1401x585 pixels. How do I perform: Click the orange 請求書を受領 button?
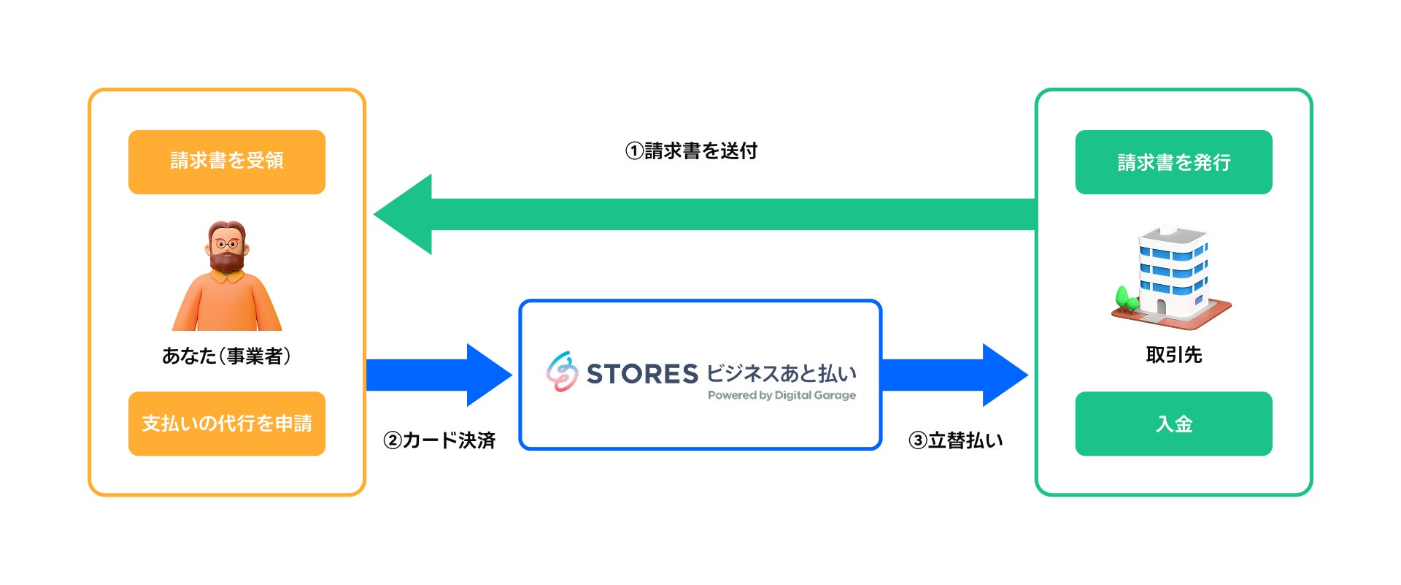pyautogui.click(x=227, y=161)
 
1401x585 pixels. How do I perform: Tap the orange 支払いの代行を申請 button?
pyautogui.click(x=227, y=424)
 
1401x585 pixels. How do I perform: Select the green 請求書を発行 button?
pyautogui.click(x=1173, y=161)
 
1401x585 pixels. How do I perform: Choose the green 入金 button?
pyautogui.click(x=1173, y=424)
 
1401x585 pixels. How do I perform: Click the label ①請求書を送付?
pyautogui.click(x=691, y=151)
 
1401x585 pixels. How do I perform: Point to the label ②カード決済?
pyautogui.click(x=439, y=440)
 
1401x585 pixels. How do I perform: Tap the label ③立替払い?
pyautogui.click(x=955, y=440)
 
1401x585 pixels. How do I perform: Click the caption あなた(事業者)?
pyautogui.click(x=227, y=356)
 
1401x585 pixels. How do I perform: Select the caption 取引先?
pyautogui.click(x=1173, y=355)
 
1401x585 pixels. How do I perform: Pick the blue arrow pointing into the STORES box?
pyautogui.click(x=438, y=375)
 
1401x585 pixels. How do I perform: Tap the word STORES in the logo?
pyautogui.click(x=642, y=374)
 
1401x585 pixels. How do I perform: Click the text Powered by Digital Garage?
pyautogui.click(x=781, y=395)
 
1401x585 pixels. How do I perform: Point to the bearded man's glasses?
pyautogui.click(x=227, y=243)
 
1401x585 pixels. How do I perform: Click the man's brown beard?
pyautogui.click(x=227, y=260)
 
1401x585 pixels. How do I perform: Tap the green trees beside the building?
pyautogui.click(x=1126, y=298)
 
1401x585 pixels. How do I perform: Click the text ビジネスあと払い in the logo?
pyautogui.click(x=781, y=373)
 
